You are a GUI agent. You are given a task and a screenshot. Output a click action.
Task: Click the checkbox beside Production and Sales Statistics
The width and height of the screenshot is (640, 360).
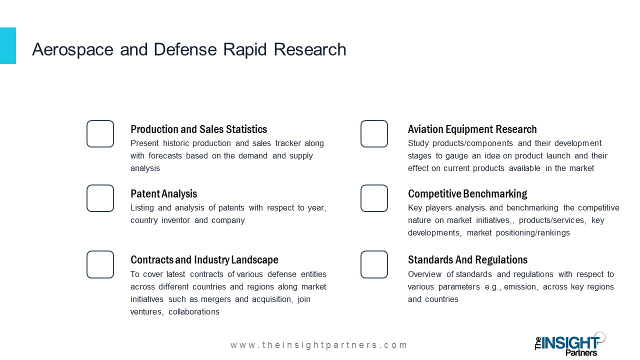point(87,133)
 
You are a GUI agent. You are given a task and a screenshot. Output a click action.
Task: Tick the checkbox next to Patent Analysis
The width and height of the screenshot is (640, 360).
point(87,198)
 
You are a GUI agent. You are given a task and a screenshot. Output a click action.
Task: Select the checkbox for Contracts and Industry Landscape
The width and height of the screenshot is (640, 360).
point(87,264)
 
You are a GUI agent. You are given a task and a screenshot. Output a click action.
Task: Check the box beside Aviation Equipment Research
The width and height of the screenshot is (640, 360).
point(361,133)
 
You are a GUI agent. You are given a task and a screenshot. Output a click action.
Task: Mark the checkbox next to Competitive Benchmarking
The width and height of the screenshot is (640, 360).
point(361,198)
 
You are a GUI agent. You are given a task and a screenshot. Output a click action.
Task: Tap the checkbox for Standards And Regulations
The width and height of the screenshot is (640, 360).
point(361,264)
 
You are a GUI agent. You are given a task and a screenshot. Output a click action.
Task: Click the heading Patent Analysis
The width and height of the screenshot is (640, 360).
point(163,194)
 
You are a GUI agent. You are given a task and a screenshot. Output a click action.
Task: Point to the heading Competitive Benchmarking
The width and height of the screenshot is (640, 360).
point(467,194)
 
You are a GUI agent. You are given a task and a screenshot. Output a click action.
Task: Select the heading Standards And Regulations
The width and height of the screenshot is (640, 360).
point(467,260)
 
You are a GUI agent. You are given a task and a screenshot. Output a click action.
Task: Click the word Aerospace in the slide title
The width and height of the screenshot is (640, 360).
point(73,50)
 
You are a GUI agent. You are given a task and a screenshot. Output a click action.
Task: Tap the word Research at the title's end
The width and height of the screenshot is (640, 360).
point(310,49)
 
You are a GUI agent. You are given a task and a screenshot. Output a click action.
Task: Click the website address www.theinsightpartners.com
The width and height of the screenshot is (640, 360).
point(318,345)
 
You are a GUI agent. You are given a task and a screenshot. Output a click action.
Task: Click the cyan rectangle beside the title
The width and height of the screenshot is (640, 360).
point(8,45)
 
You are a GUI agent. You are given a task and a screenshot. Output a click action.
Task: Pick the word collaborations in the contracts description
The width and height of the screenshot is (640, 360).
point(194,311)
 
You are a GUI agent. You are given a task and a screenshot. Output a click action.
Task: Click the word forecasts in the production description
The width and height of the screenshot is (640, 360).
point(165,155)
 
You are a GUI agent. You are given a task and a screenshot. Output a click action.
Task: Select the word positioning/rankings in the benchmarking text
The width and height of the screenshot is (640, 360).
point(533,233)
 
